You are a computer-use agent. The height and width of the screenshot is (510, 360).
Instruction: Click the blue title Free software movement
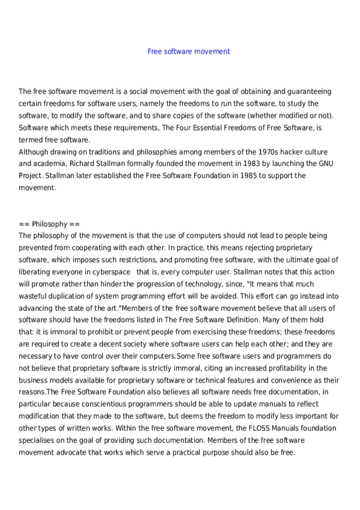[x=189, y=52]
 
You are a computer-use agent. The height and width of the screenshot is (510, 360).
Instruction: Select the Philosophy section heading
[x=45, y=224]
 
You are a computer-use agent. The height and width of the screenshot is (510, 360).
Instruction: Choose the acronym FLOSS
[x=246, y=428]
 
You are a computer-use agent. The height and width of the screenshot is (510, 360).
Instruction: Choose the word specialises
[x=38, y=440]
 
